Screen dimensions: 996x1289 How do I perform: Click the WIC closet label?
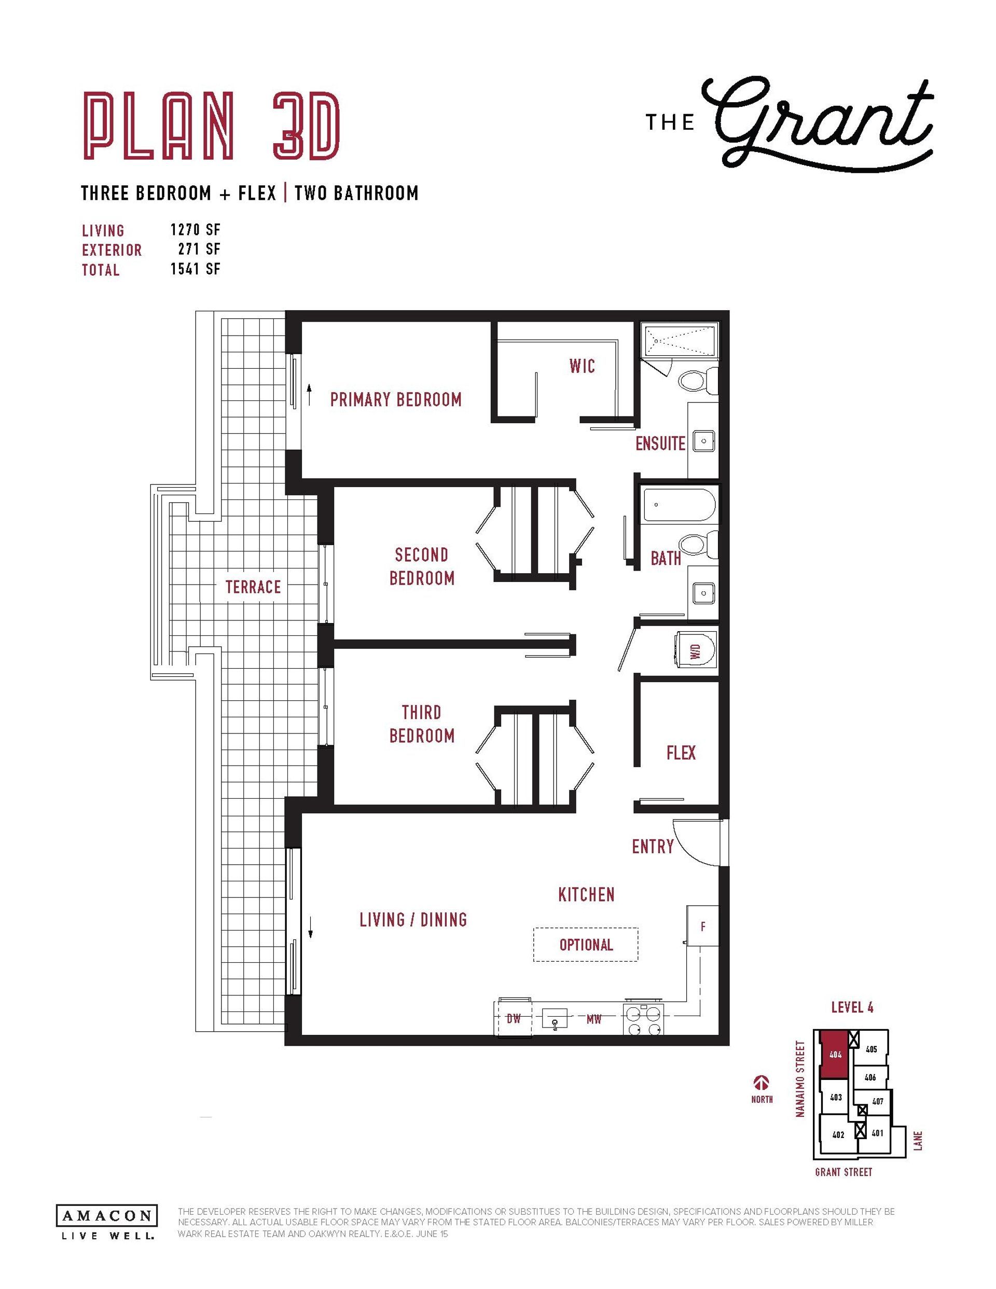coord(582,367)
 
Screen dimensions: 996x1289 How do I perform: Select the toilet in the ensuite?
coord(698,380)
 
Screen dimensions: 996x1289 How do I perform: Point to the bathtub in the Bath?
coord(680,505)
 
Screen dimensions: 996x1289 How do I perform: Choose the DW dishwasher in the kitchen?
coord(513,1018)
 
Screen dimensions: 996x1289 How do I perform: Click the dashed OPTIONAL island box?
coord(586,945)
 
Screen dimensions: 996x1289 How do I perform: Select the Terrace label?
coord(253,587)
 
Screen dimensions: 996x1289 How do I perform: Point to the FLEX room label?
coord(681,753)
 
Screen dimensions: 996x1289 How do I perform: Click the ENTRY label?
coord(653,847)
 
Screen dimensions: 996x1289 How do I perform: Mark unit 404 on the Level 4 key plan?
coord(834,1055)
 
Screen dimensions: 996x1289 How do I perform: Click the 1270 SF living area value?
coord(196,230)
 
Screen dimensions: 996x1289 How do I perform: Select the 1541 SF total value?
coord(196,269)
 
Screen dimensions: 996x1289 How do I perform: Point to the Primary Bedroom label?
coord(396,399)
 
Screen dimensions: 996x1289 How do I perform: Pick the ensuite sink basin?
coord(703,440)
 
